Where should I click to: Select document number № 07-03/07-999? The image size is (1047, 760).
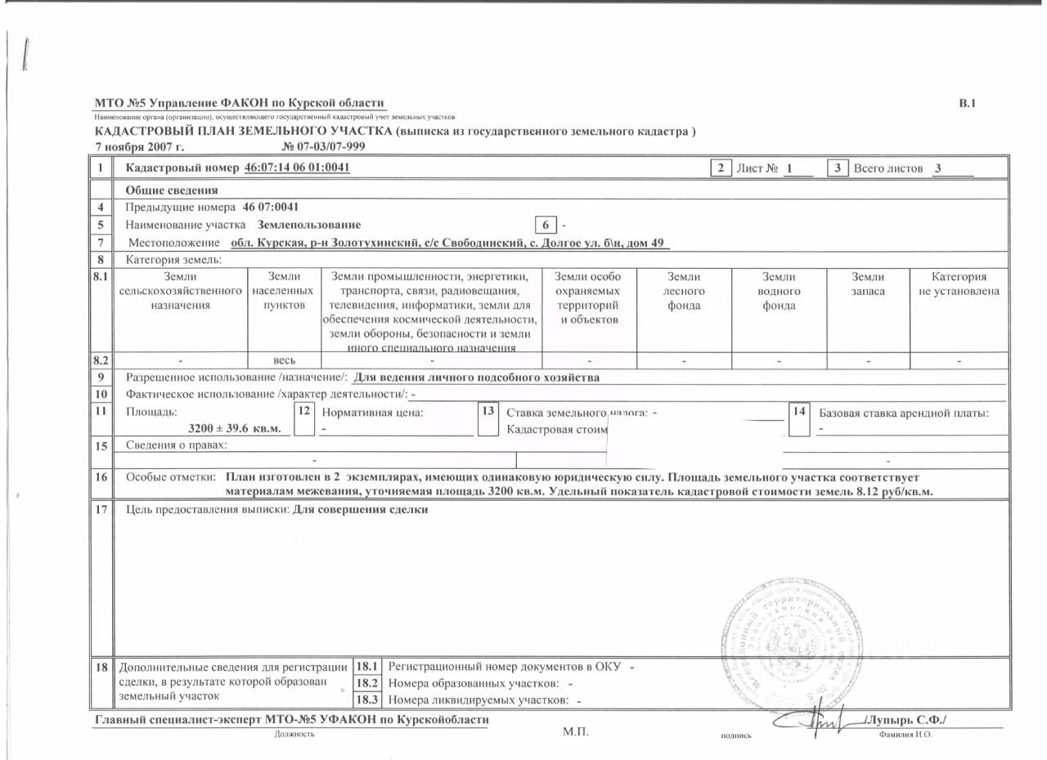pyautogui.click(x=323, y=146)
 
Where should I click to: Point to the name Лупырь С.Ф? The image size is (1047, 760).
pyautogui.click(x=909, y=720)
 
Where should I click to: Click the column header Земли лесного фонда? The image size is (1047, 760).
pyautogui.click(x=684, y=291)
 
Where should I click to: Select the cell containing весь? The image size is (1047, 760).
pyautogui.click(x=285, y=360)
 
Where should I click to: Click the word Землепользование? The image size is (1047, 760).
pyautogui.click(x=308, y=224)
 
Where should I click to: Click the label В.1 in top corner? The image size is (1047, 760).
pyautogui.click(x=967, y=103)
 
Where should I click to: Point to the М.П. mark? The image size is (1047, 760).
pyautogui.click(x=575, y=731)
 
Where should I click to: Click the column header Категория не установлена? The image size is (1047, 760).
pyautogui.click(x=959, y=284)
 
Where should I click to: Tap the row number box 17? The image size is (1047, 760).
pyautogui.click(x=102, y=510)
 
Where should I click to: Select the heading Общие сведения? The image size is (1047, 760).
pyautogui.click(x=171, y=190)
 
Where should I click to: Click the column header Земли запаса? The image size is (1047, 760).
pyautogui.click(x=868, y=284)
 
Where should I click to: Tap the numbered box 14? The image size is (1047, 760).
pyautogui.click(x=799, y=411)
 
